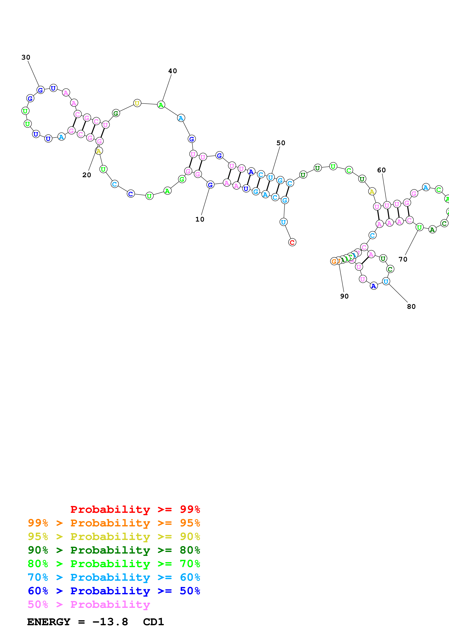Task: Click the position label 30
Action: click(26, 57)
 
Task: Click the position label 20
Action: click(87, 175)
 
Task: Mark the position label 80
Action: click(411, 306)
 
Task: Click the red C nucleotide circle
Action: click(292, 242)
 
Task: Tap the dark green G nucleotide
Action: click(116, 113)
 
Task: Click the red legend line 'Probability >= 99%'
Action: click(135, 509)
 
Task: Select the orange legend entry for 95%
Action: click(114, 523)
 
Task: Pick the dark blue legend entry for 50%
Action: click(114, 591)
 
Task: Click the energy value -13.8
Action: click(110, 622)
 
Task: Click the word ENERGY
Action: click(49, 622)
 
